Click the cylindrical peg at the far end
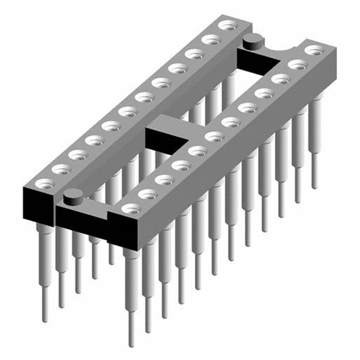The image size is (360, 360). pyautogui.click(x=253, y=39)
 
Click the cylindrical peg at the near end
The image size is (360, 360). pyautogui.click(x=72, y=196)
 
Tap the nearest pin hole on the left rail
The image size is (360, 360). pyautogui.click(x=43, y=183)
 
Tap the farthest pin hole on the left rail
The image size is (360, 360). pyautogui.click(x=227, y=25)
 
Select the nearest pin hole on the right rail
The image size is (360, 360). pyautogui.click(x=131, y=209)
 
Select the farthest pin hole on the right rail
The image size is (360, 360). pyautogui.click(x=314, y=51)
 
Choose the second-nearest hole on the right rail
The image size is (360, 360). pyautogui.click(x=147, y=194)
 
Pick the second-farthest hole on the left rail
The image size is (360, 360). pyautogui.click(x=211, y=39)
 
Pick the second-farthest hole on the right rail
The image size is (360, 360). pyautogui.click(x=298, y=65)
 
